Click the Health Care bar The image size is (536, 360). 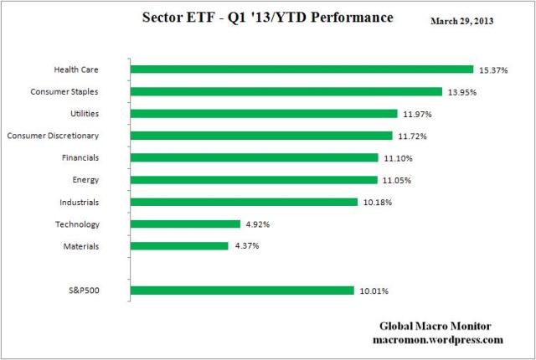pos(302,69)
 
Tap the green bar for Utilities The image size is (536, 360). pos(264,113)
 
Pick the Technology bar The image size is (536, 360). pos(186,224)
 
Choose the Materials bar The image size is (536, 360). pos(179,245)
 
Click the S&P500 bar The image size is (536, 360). pos(242,291)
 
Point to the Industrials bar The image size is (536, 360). pos(245,201)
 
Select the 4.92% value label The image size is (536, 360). pos(258,224)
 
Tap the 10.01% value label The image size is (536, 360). pos(374,291)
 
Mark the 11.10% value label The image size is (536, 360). pos(398,157)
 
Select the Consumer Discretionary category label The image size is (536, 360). pos(64,135)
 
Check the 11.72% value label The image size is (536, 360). pos(412,135)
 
